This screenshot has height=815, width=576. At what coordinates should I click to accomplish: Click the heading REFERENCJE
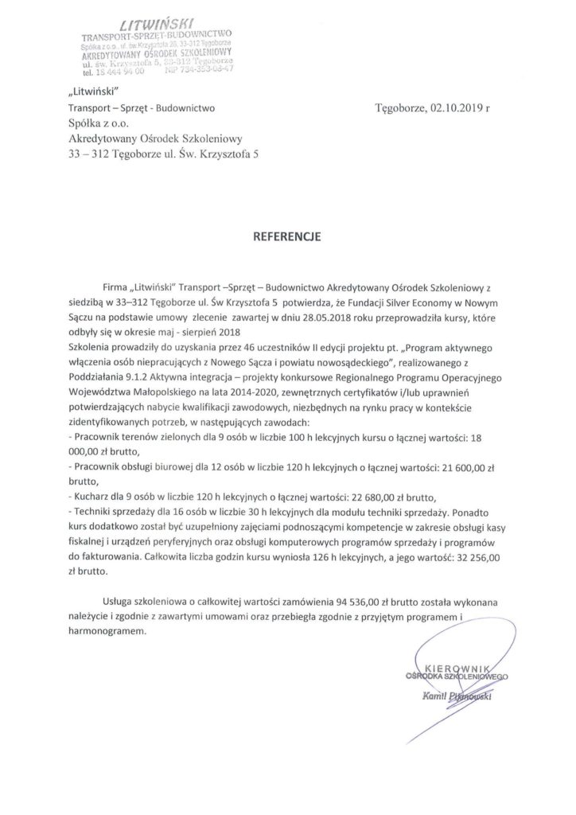pos(288,236)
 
